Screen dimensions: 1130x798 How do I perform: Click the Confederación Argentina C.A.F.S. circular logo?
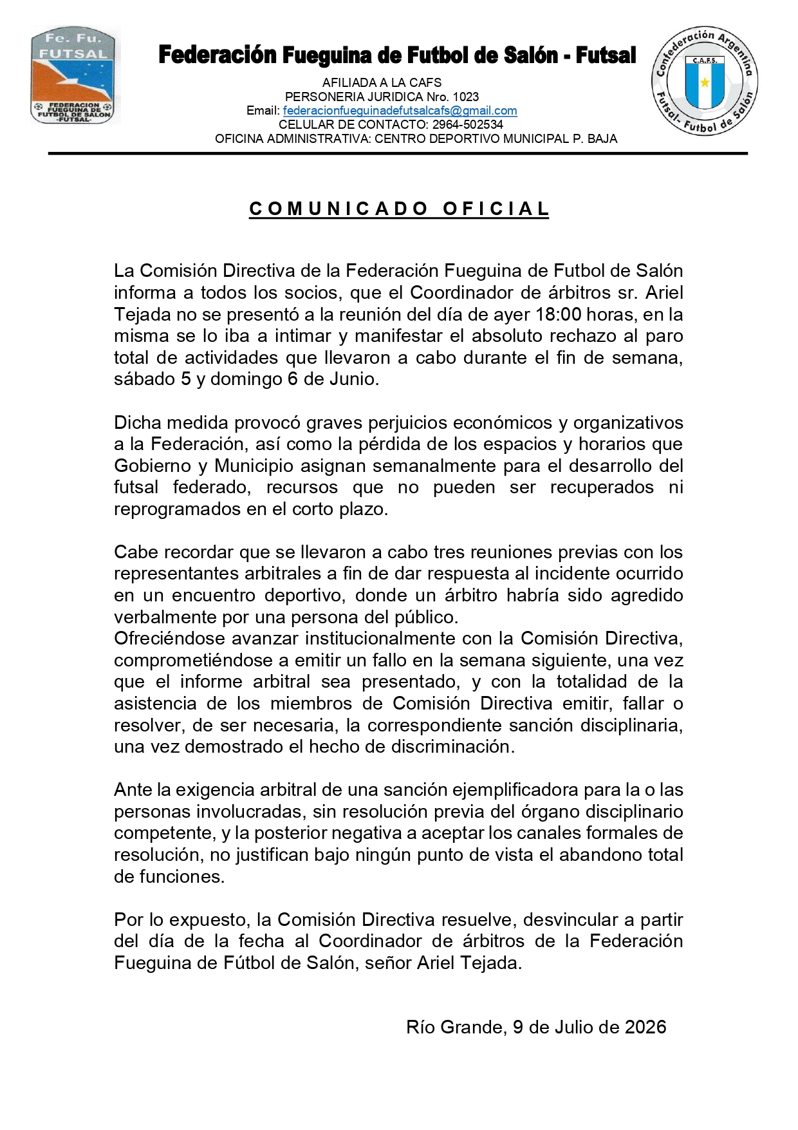(x=705, y=82)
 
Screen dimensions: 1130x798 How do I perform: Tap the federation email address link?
(x=400, y=111)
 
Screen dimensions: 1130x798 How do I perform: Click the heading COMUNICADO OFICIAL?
(x=399, y=209)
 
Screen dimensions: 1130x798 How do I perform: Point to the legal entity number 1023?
(x=466, y=97)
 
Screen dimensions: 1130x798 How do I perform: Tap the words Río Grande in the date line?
(x=454, y=1027)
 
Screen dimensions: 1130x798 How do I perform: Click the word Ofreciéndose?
(x=169, y=639)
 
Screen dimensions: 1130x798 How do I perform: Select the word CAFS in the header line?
(x=425, y=82)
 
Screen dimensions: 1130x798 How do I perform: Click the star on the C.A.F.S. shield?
(x=705, y=82)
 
